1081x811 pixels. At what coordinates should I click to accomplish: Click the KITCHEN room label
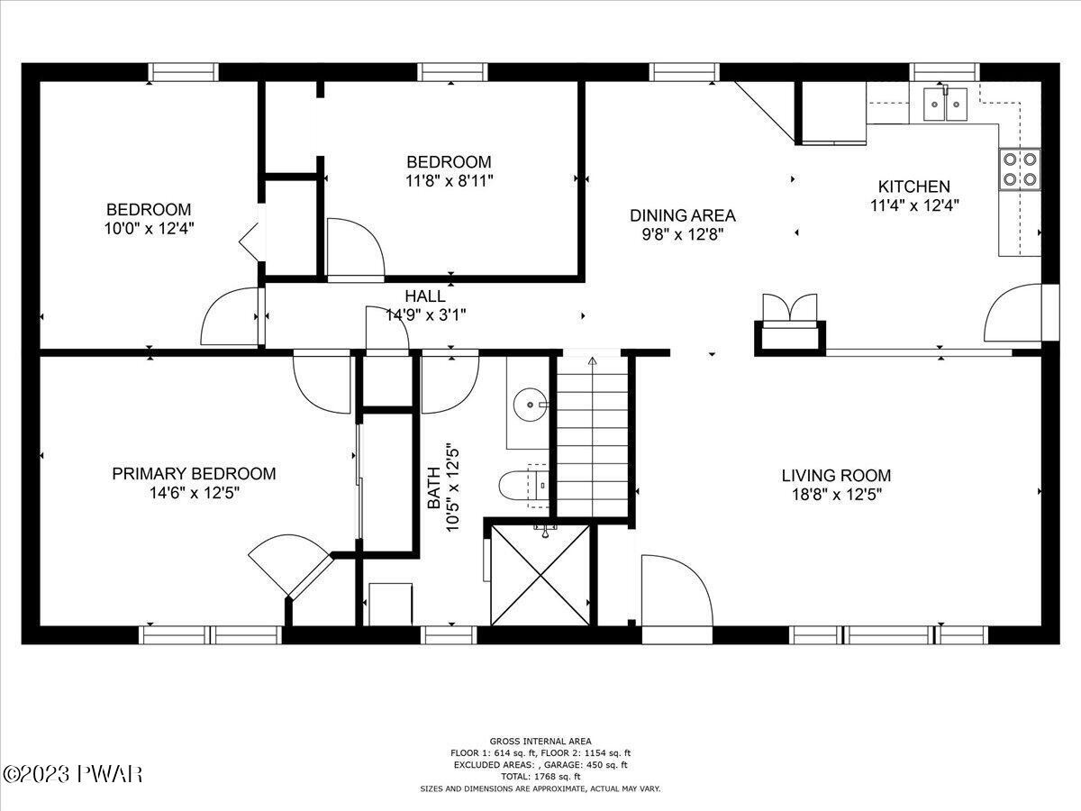pyautogui.click(x=914, y=187)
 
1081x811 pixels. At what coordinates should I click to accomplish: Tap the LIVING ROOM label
pyautogui.click(x=836, y=475)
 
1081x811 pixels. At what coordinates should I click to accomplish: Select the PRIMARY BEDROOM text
pyautogui.click(x=194, y=473)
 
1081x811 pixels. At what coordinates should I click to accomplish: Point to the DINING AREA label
pyautogui.click(x=683, y=215)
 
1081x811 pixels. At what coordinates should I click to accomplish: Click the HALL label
pyautogui.click(x=425, y=296)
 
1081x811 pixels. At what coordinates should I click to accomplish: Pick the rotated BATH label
pyautogui.click(x=433, y=488)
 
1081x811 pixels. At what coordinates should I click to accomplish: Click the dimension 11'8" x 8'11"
pyautogui.click(x=450, y=181)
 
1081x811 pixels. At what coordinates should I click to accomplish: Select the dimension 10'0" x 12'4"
pyautogui.click(x=149, y=229)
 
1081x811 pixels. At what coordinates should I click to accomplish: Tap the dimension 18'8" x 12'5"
pyautogui.click(x=836, y=494)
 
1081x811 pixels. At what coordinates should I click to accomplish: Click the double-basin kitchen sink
pyautogui.click(x=945, y=104)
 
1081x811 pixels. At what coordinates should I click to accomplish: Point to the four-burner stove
pyautogui.click(x=1020, y=169)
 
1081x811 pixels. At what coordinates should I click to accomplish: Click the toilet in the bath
pyautogui.click(x=523, y=486)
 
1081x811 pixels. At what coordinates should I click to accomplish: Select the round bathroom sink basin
pyautogui.click(x=530, y=405)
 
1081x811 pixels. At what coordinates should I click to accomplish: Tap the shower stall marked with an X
pyautogui.click(x=540, y=575)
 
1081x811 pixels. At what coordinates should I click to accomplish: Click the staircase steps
pyautogui.click(x=593, y=436)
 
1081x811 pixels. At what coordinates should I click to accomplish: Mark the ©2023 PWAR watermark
pyautogui.click(x=73, y=774)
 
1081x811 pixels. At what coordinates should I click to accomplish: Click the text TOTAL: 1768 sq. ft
pyautogui.click(x=540, y=776)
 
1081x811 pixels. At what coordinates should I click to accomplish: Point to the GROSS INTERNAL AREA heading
pyautogui.click(x=540, y=741)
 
